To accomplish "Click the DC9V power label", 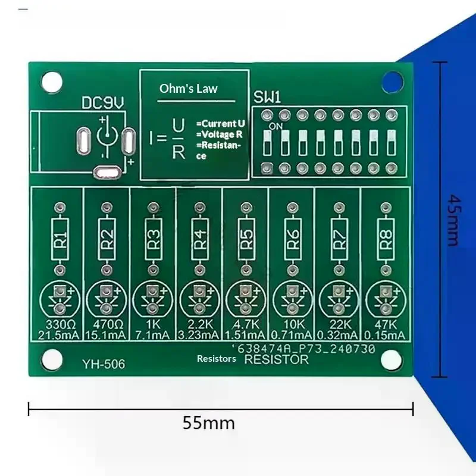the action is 103,103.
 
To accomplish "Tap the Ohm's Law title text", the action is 189,89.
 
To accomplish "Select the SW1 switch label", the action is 267,98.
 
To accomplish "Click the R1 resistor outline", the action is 60,239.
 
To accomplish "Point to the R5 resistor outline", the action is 246,239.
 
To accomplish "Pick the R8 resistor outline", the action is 386,239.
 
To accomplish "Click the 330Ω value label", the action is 61,324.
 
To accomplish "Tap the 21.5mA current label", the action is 58,335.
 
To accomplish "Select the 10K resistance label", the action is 293,324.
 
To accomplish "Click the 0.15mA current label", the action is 384,335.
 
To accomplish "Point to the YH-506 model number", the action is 104,364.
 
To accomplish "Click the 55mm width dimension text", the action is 209,423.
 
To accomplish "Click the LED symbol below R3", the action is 153,300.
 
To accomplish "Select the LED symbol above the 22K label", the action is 339,300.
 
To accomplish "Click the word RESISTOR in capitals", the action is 276,359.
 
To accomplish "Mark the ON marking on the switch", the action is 275,126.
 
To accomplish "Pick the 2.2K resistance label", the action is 200,324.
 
